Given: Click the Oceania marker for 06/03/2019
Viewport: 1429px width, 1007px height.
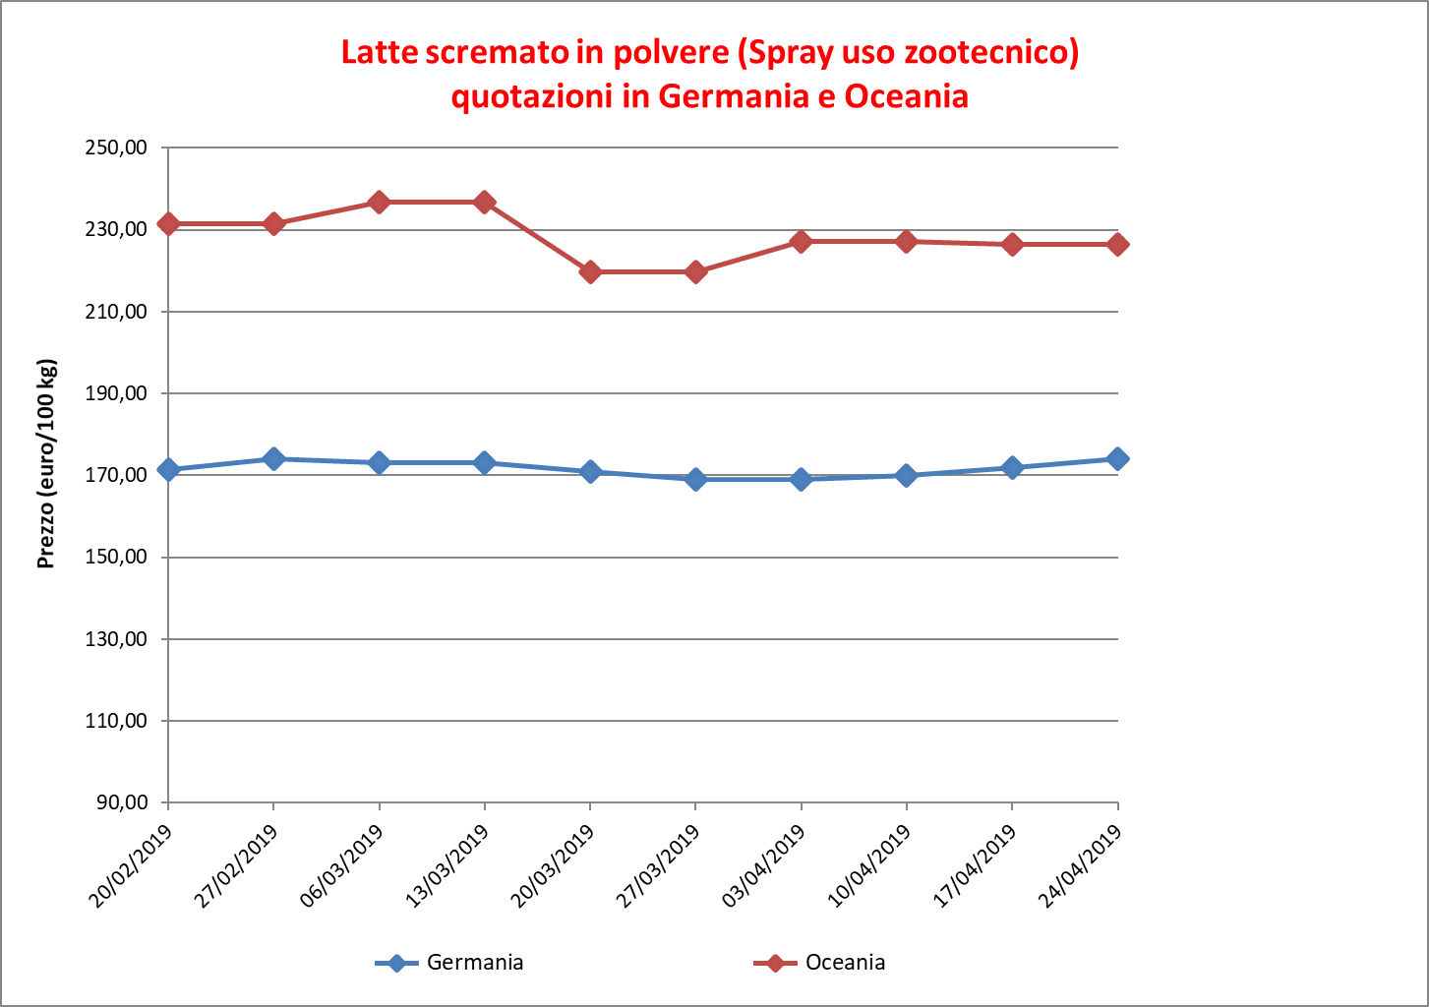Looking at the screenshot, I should click(380, 203).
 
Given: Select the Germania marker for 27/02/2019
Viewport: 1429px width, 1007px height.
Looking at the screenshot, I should click(273, 458).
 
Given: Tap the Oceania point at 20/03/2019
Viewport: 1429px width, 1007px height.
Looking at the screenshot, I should click(590, 272).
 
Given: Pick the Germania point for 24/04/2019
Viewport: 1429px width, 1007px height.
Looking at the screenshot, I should click(1117, 459).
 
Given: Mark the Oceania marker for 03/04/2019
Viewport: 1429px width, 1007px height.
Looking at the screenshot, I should click(801, 242).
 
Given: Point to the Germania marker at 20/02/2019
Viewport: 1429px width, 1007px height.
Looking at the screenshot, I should click(168, 470).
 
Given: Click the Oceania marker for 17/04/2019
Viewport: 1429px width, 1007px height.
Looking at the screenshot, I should click(1012, 245).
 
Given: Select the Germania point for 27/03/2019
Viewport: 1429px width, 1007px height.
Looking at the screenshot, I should click(695, 480).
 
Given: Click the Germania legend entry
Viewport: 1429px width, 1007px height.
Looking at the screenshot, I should click(449, 963).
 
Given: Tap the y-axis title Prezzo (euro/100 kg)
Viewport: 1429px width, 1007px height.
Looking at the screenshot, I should click(46, 464).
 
